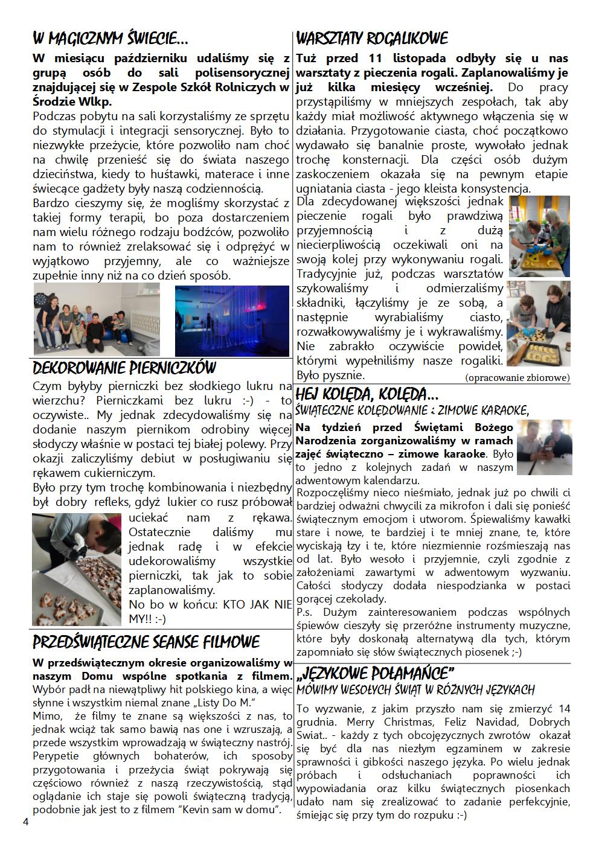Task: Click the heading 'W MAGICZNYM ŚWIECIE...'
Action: (x=110, y=39)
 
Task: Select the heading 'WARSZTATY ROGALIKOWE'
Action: (x=372, y=39)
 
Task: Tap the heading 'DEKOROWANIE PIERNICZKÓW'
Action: (x=124, y=368)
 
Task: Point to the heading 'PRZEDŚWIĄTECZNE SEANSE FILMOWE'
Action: (x=146, y=641)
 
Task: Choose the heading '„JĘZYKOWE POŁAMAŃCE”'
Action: (x=375, y=673)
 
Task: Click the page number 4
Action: (x=25, y=822)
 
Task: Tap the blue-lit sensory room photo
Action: (x=232, y=321)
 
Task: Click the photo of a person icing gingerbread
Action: (x=77, y=569)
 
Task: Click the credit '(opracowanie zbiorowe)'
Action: (x=517, y=378)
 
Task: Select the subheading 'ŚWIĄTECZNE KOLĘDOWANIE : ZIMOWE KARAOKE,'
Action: (x=412, y=411)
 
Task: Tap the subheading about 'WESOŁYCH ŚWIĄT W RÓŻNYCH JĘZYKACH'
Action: (x=415, y=689)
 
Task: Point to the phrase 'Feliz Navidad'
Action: (x=477, y=722)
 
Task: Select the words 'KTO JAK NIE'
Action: (x=258, y=604)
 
